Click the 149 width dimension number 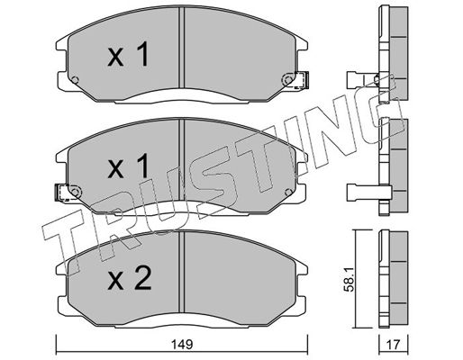click(x=183, y=345)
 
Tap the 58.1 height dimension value click(x=350, y=280)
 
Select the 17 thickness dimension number click(x=394, y=345)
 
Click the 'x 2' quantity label click(x=129, y=278)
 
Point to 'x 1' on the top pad click(x=128, y=54)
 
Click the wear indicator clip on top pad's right click(x=302, y=80)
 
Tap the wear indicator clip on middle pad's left click(x=62, y=193)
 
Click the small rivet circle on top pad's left click(x=75, y=80)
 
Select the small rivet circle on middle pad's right click(x=288, y=192)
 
